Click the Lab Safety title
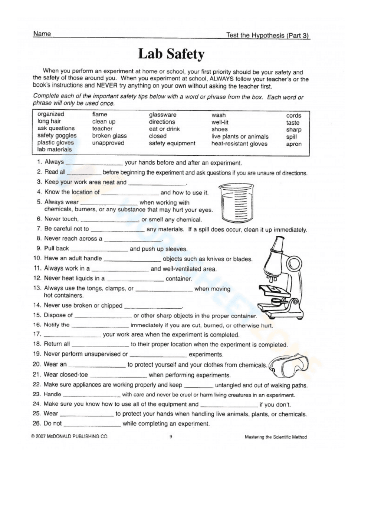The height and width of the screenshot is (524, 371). [x=171, y=54]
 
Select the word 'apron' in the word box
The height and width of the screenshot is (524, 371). [x=293, y=144]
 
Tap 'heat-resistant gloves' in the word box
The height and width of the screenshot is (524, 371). [x=239, y=143]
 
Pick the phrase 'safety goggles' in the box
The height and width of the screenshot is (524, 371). [x=57, y=135]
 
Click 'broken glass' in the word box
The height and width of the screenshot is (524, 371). [x=109, y=136]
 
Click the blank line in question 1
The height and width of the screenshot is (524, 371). [x=94, y=163]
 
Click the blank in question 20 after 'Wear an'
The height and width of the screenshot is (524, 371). [x=97, y=365]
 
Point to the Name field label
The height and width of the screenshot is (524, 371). [x=42, y=34]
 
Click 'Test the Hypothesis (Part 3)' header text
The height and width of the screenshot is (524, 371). [x=267, y=35]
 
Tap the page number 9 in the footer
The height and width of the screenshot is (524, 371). [x=171, y=437]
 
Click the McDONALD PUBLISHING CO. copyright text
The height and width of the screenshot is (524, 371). [x=70, y=437]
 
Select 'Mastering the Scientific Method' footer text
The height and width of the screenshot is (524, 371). [x=276, y=437]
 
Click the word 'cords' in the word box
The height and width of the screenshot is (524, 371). [x=293, y=116]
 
